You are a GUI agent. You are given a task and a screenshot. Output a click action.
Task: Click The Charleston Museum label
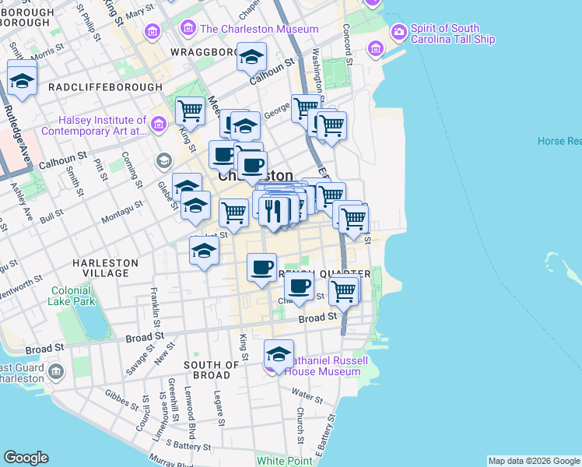(258, 29)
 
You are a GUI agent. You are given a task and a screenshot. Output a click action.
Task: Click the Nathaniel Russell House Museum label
(322, 367)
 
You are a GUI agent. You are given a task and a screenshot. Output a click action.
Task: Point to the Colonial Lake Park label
(72, 296)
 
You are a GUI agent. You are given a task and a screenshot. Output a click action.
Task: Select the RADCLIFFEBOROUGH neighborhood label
(105, 87)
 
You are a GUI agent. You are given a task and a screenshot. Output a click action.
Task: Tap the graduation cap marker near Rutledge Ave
(22, 79)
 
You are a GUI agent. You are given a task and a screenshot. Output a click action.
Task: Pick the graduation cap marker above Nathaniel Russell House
(279, 354)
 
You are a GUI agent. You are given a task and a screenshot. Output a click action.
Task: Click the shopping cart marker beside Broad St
(342, 291)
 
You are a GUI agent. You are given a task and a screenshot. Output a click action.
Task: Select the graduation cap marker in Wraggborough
(251, 57)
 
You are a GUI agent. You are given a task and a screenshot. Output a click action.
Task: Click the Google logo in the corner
(26, 458)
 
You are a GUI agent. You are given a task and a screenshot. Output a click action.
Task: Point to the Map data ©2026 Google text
(534, 461)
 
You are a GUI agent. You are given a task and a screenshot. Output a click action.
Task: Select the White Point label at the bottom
(284, 461)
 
